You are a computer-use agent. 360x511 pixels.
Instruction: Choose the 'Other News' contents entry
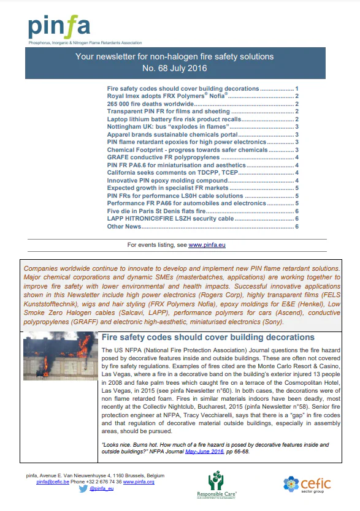(x=124, y=227)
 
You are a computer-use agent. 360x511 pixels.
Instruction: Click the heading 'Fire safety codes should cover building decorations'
(x=207, y=338)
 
